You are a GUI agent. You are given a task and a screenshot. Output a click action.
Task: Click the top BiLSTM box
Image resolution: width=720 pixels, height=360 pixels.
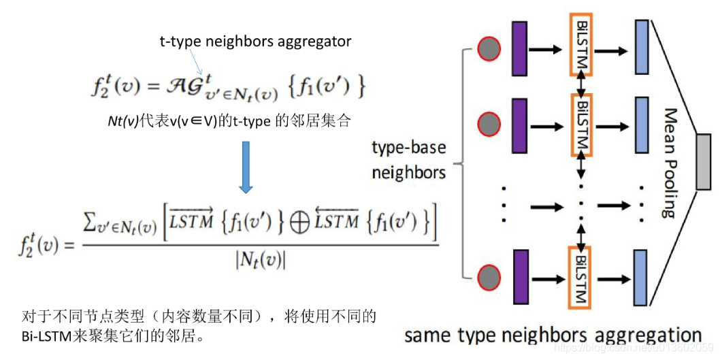coord(580,44)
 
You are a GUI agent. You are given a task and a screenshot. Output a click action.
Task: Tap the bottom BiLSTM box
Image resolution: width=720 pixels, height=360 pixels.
coord(580,276)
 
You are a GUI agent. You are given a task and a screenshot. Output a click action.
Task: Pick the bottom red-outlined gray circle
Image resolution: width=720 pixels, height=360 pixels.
coord(489,278)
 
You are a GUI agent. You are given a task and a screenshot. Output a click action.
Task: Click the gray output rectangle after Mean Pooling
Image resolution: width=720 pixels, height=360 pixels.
coord(703,161)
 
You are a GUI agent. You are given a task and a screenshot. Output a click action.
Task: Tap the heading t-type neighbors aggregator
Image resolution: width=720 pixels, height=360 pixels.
coord(256,42)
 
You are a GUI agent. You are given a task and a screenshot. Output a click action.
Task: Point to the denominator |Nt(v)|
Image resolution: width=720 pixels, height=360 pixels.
coord(260,259)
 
